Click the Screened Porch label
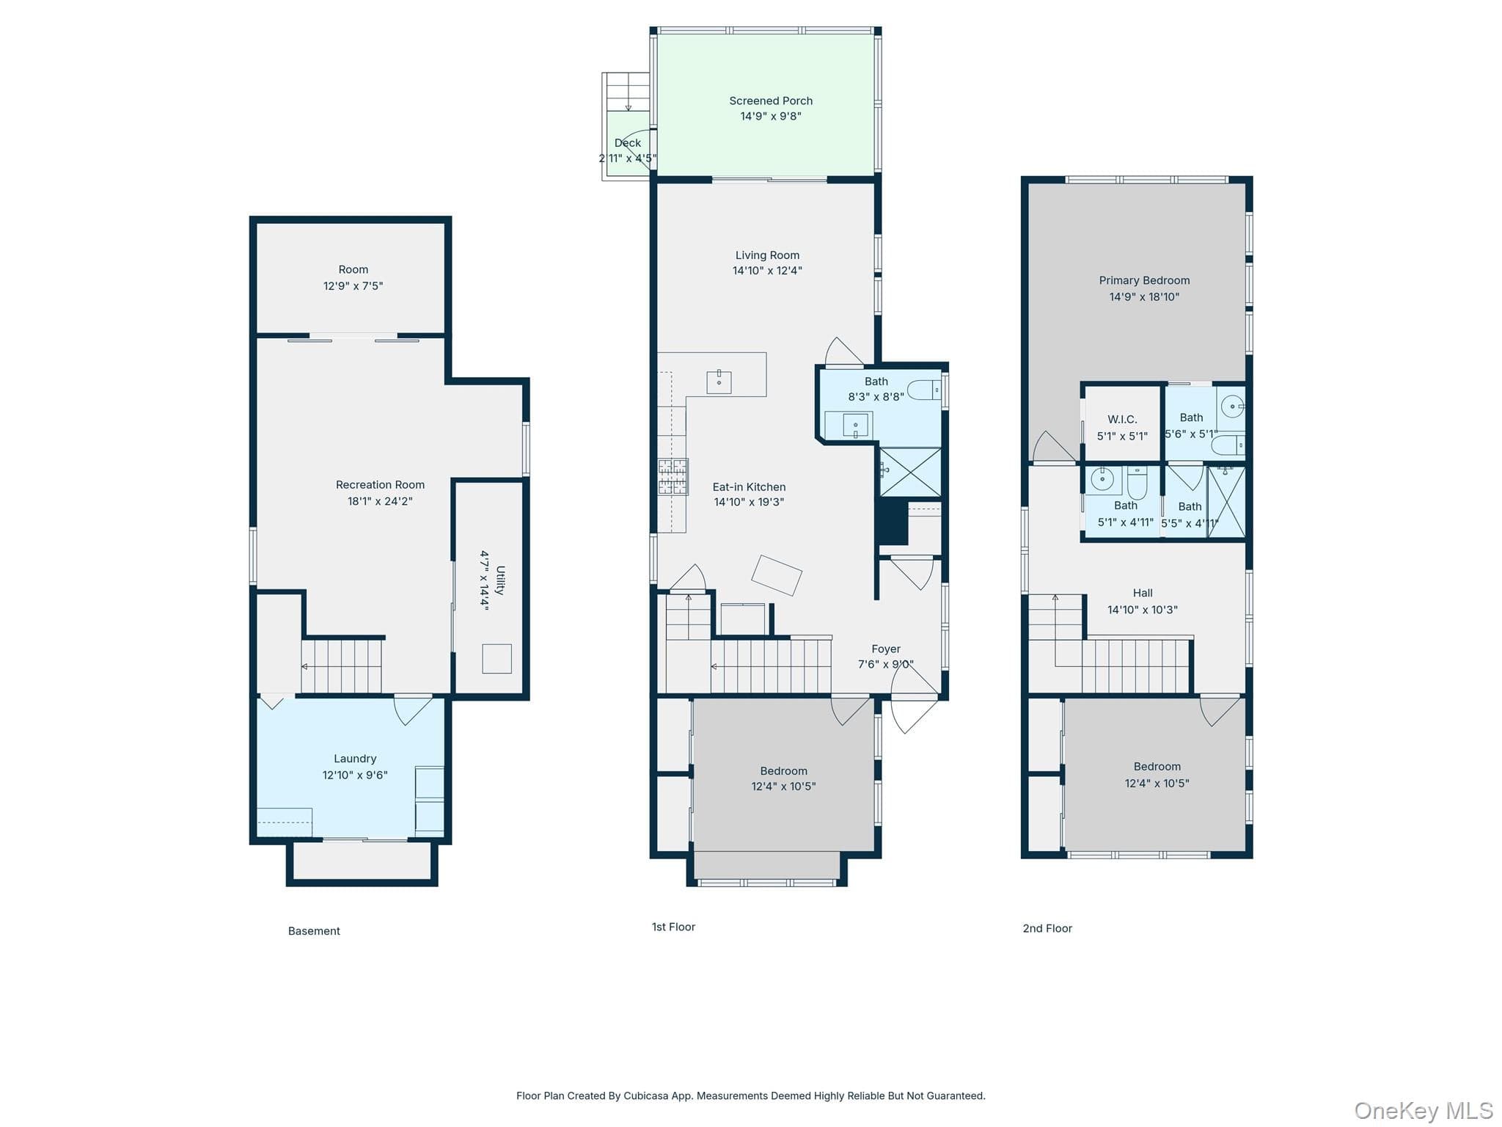point(770,101)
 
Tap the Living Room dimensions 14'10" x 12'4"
point(767,271)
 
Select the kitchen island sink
point(719,382)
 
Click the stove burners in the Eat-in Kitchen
point(673,476)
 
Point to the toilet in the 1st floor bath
point(924,390)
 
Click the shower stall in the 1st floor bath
point(910,472)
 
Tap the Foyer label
point(886,649)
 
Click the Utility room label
point(500,580)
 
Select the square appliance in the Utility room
point(497,658)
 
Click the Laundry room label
point(355,759)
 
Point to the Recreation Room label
point(380,485)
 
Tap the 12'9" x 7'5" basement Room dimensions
point(353,286)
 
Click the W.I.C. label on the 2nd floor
point(1122,420)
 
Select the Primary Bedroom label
point(1144,280)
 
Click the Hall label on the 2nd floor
point(1143,593)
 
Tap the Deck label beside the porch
point(628,143)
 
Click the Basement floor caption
point(314,931)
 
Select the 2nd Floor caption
point(1047,928)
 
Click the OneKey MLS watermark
point(1424,1111)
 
